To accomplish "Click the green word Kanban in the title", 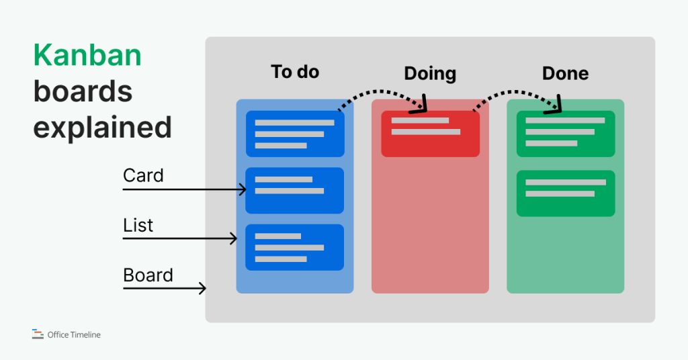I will [x=87, y=55].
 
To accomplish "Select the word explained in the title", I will [x=102, y=127].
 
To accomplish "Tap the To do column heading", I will [x=295, y=72].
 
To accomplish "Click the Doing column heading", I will [x=430, y=74].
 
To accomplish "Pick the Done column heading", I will [x=565, y=73].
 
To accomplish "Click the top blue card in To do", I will [x=295, y=134].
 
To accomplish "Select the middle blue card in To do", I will [x=295, y=190].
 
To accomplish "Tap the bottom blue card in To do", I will [x=295, y=247].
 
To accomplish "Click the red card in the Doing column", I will [x=430, y=134].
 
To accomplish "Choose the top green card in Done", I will [x=565, y=134].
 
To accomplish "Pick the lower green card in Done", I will [x=565, y=193].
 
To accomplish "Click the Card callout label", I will [x=143, y=176].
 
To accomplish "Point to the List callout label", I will [x=138, y=226].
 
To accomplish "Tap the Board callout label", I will [x=148, y=275].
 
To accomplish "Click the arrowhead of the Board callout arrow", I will [x=202, y=289].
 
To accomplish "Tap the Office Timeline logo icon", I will [x=38, y=334].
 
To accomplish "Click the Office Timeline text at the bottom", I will [x=74, y=334].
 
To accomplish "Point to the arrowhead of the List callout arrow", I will [x=234, y=238].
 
